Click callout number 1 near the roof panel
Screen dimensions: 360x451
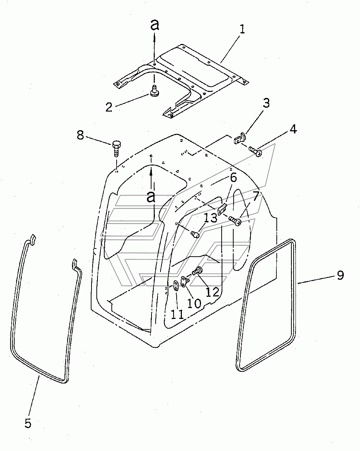tap(242, 29)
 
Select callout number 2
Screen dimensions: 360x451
tap(109, 107)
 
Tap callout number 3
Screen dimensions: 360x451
tap(266, 103)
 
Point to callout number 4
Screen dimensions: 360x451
tap(293, 129)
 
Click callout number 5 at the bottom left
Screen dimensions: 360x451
tap(28, 423)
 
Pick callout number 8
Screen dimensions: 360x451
tap(80, 135)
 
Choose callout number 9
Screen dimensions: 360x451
tap(340, 275)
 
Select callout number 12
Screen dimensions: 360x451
tap(213, 292)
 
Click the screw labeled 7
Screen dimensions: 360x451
tap(235, 221)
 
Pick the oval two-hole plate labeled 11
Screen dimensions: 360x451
tap(175, 286)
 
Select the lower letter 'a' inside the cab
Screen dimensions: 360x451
tap(151, 197)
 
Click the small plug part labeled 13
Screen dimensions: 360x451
tap(195, 234)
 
